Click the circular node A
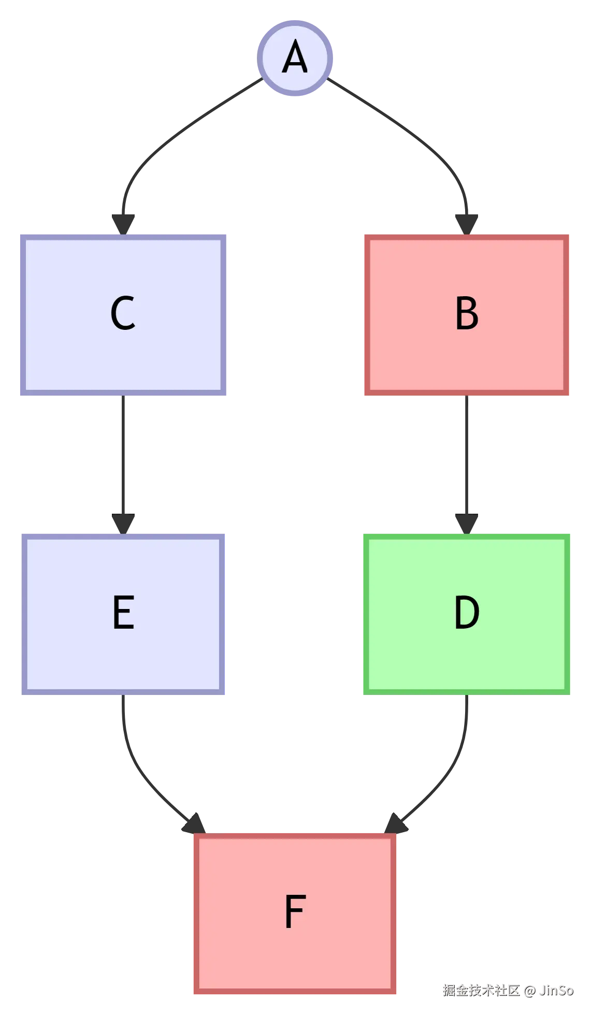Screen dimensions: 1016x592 (x=296, y=58)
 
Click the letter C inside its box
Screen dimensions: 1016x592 (x=123, y=313)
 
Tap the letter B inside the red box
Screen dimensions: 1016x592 (x=467, y=313)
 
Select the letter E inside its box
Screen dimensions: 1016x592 (x=124, y=612)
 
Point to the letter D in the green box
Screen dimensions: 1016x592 (x=467, y=612)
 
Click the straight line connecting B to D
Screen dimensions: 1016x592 (x=467, y=456)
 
